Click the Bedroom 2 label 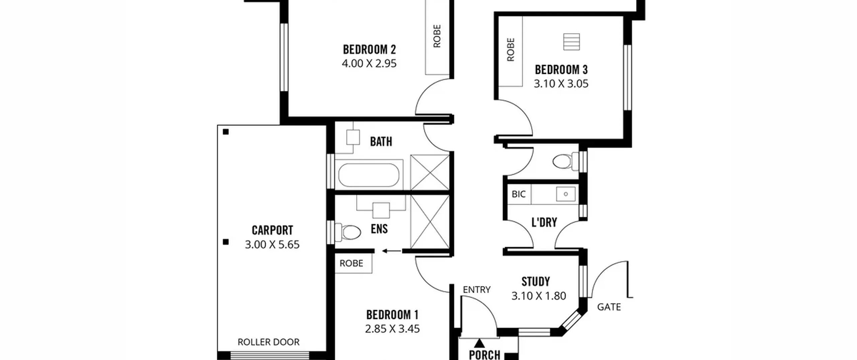369,50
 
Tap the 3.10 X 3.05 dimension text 561,84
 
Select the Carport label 272,230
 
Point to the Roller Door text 268,342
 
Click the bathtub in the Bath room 369,175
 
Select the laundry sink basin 566,194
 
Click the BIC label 519,194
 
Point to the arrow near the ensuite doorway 392,251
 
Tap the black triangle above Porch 479,343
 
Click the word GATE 609,307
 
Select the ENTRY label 476,290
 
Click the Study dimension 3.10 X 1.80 539,296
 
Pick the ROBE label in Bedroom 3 511,50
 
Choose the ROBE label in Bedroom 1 351,264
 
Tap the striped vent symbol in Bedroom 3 571,42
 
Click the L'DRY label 544,222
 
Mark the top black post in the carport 226,132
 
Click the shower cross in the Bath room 430,172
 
